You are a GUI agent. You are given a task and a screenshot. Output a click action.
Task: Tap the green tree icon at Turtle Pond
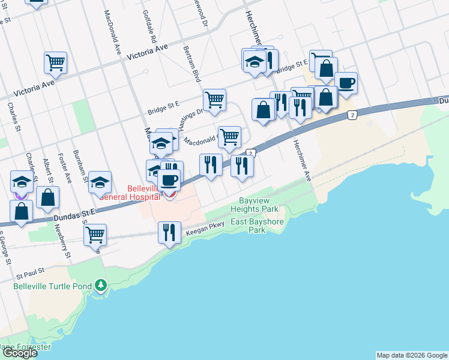(101, 284)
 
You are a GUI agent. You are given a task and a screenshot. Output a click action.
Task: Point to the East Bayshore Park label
(257, 226)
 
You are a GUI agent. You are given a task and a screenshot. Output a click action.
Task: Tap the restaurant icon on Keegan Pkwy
(169, 232)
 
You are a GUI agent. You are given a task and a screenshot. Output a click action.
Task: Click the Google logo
(19, 353)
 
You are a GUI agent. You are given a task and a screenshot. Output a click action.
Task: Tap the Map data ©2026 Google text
(411, 355)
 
